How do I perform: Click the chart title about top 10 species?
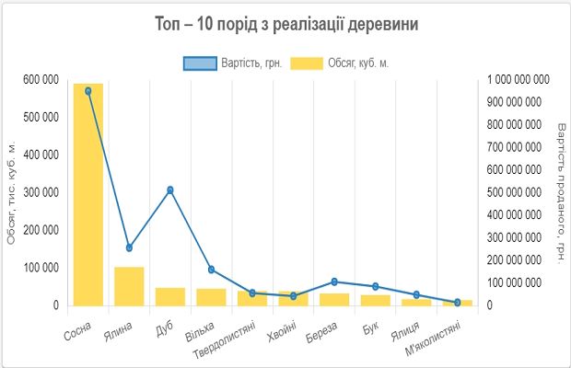pyautogui.click(x=285, y=25)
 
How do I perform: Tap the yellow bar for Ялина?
pyautogui.click(x=129, y=286)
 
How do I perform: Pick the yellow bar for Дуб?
pyautogui.click(x=170, y=296)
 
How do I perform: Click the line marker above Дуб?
pyautogui.click(x=170, y=190)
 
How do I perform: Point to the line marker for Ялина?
pyautogui.click(x=129, y=247)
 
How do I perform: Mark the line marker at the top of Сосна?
pyautogui.click(x=88, y=91)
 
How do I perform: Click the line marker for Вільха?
pyautogui.click(x=211, y=270)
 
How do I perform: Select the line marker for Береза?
pyautogui.click(x=334, y=282)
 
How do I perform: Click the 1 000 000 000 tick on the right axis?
pyautogui.click(x=518, y=80)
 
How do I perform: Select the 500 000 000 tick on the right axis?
pyautogui.click(x=518, y=192)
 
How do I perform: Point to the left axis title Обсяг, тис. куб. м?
pyautogui.click(x=12, y=192)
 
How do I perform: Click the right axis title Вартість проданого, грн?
pyautogui.click(x=561, y=192)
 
